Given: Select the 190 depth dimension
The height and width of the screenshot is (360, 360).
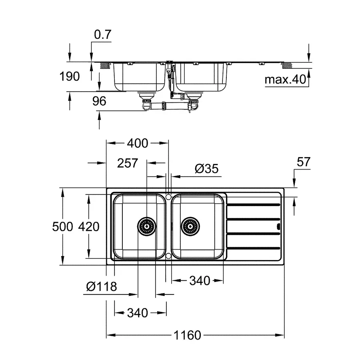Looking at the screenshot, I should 70,76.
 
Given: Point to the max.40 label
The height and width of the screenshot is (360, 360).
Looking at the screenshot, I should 285,80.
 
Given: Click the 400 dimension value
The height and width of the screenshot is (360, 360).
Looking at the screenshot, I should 137,143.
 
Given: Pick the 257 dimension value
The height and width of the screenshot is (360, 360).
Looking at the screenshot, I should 128,163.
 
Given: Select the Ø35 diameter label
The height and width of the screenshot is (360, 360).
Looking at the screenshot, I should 207,169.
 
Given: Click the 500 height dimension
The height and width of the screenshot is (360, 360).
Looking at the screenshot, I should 63,227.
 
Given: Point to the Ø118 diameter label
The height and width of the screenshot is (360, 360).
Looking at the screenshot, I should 102,286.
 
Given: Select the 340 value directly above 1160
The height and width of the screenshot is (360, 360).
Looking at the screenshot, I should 137,312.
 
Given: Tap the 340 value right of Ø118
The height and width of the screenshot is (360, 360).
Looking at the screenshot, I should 199,281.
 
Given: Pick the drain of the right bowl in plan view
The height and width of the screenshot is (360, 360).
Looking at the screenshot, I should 189,227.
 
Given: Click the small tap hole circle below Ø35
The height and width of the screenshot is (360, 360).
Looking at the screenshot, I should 169,197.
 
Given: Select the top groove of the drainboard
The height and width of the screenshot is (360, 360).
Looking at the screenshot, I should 252,206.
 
